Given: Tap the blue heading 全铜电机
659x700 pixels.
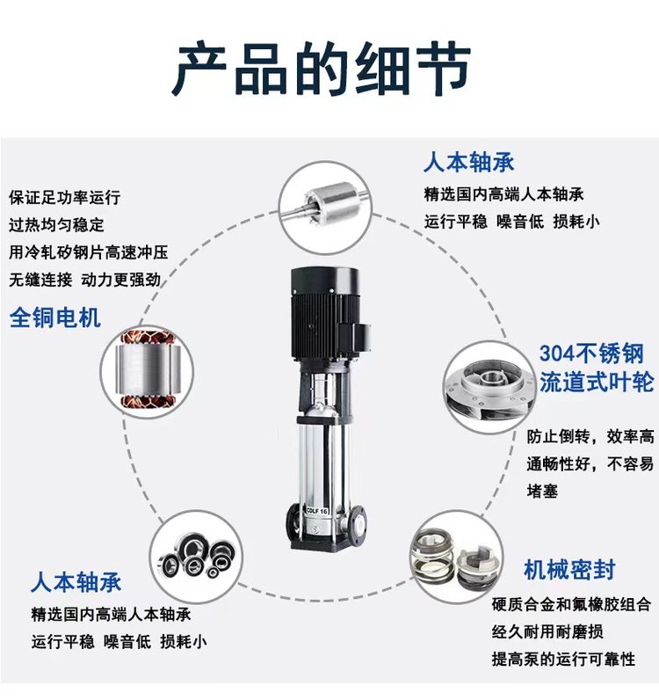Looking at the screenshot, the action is [x=54, y=318].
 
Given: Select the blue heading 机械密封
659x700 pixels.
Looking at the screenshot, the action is [x=569, y=570].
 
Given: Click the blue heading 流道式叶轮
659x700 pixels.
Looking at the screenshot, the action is [x=597, y=383].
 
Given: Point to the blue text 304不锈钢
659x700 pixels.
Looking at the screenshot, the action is [x=591, y=354].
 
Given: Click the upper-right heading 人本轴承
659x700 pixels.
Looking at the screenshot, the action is [x=469, y=162].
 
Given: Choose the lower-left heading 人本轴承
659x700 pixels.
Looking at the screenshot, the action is [x=76, y=582].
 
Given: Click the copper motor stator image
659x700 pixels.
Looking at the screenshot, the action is [x=148, y=371].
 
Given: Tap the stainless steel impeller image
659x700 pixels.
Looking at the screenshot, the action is [x=490, y=387].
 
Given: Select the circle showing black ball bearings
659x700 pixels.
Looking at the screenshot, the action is [x=196, y=558].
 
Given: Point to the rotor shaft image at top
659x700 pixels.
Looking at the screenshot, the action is [x=326, y=208].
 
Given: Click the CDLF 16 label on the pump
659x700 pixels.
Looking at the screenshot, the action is [x=317, y=510].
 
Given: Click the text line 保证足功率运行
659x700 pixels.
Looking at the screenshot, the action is [x=65, y=197].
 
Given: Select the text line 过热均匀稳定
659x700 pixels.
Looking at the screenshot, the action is [x=56, y=224].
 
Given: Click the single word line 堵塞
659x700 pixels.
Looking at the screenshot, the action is [x=542, y=492].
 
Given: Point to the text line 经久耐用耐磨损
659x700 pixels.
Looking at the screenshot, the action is [x=547, y=631].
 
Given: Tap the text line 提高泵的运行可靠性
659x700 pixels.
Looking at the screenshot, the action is [x=563, y=659].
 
